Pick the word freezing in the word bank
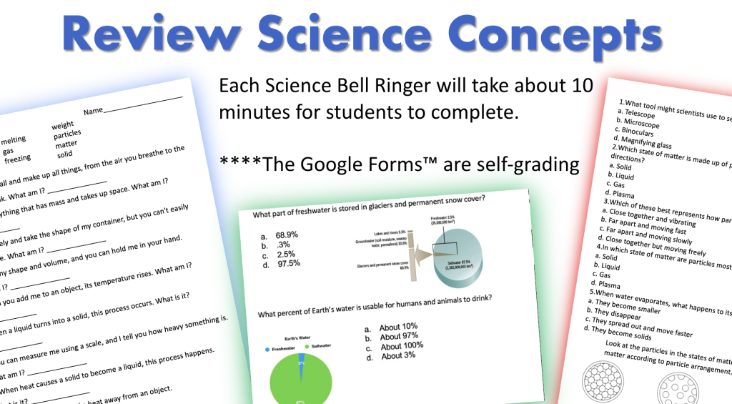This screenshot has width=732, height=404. coord(18,159)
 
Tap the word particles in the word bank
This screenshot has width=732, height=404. coord(67,134)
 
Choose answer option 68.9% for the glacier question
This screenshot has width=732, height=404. coord(287,235)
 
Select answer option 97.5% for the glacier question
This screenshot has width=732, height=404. coord(287,263)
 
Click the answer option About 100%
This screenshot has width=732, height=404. coord(402,346)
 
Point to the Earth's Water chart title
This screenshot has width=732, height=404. coord(297,338)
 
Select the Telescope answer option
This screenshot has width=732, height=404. coord(640,113)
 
